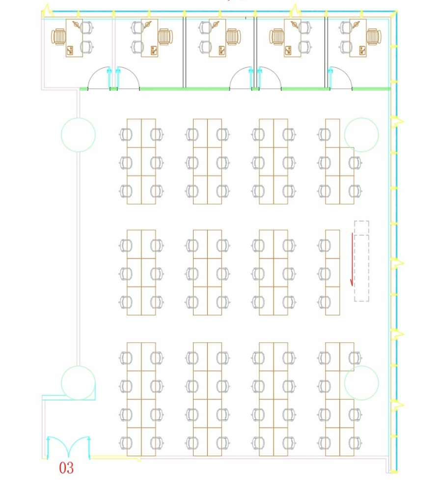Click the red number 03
pyautogui.click(x=66, y=468)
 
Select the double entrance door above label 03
pyautogui.click(x=68, y=448)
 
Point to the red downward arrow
pyautogui.click(x=352, y=259)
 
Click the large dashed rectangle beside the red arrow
pyautogui.click(x=362, y=268)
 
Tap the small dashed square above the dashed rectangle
pyautogui.click(x=362, y=228)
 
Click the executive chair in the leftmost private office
pyautogui.click(x=58, y=37)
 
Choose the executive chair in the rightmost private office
pyautogui.click(x=374, y=37)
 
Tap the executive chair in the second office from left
pyautogui.click(x=165, y=37)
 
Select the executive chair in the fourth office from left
pyautogui.click(x=277, y=37)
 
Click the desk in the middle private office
pyautogui.click(x=217, y=38)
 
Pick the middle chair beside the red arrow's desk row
pyautogui.click(x=325, y=273)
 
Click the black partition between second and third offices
pyautogui.click(x=184, y=52)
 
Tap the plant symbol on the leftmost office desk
pyautogui.click(x=76, y=24)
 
